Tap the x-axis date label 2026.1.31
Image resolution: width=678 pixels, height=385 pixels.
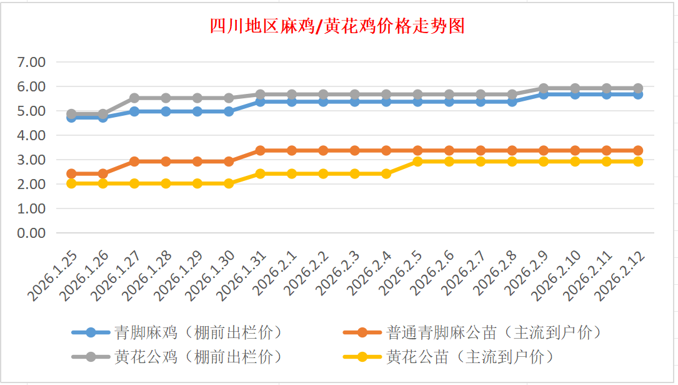coord(243,275)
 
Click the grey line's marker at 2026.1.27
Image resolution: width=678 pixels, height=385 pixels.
coord(134,98)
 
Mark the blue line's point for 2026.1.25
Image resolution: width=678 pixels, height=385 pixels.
coord(71,117)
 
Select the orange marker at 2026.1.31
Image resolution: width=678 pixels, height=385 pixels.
coord(261,150)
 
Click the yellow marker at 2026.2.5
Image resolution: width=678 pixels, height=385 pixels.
coord(417,162)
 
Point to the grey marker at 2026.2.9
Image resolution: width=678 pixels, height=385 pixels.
coord(544,88)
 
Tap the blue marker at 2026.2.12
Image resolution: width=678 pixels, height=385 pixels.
coord(638,94)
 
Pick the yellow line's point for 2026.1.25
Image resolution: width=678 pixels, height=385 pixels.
coord(71,183)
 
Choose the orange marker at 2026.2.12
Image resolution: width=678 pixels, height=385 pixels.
coord(638,150)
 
